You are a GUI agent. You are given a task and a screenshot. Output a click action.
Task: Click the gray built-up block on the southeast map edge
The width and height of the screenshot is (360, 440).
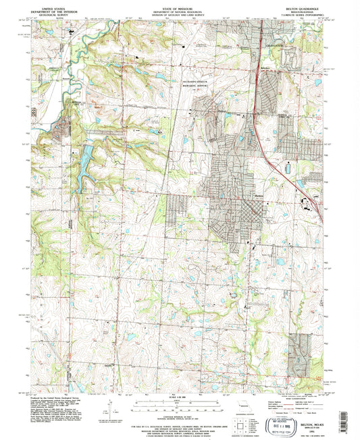[x=295, y=351]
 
